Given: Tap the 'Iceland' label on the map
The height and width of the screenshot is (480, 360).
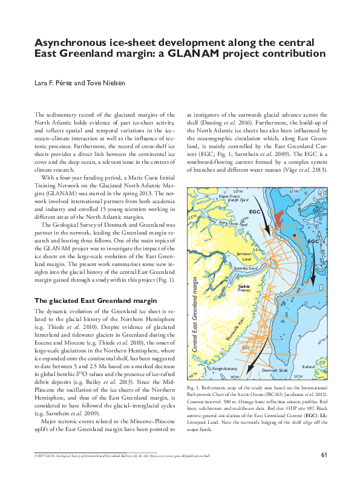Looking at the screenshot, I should tap(308, 366).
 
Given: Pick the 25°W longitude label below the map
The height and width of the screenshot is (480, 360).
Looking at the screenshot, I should tap(297, 376).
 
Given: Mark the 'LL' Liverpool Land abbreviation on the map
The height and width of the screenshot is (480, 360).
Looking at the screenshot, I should tap(257, 248).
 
